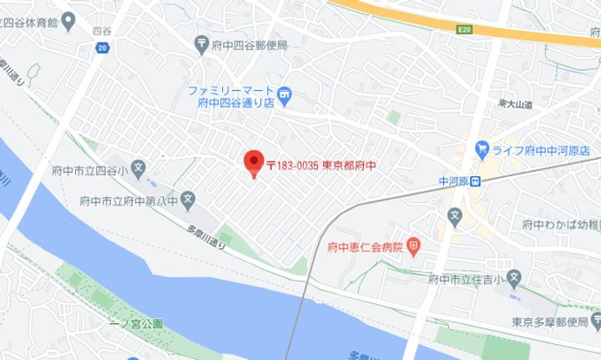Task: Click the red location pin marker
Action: tap(253, 162)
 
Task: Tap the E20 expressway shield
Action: tap(466, 29)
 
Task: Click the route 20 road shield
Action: tap(101, 48)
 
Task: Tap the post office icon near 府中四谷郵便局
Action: tap(201, 43)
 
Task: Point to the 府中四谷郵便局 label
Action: tap(249, 43)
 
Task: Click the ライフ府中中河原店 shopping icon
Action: tap(482, 150)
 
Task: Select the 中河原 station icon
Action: tap(474, 181)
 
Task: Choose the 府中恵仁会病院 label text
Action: tap(366, 247)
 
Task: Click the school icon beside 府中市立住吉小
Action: tap(514, 277)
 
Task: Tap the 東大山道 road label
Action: tap(515, 104)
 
